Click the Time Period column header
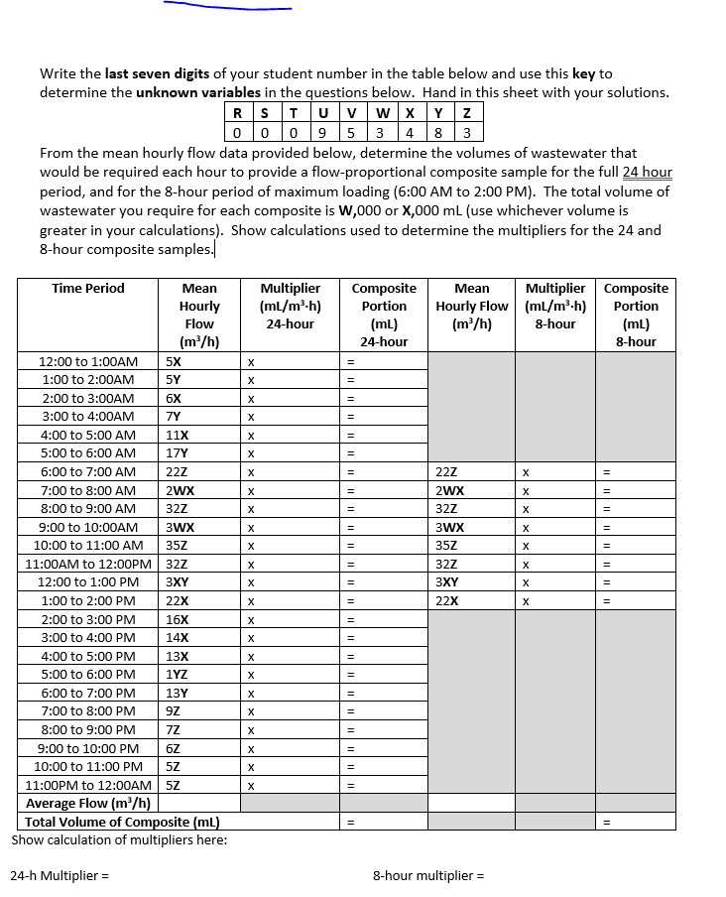pos(88,289)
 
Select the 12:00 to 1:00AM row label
pos(88,361)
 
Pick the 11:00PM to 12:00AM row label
pos(88,785)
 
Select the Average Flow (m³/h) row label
pos(88,803)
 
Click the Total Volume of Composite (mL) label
pos(122,822)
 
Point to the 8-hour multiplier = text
pos(428,876)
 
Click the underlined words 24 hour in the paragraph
pos(647,173)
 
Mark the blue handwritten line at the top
pos(228,7)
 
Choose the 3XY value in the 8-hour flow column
pos(449,582)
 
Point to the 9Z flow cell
pos(174,711)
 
